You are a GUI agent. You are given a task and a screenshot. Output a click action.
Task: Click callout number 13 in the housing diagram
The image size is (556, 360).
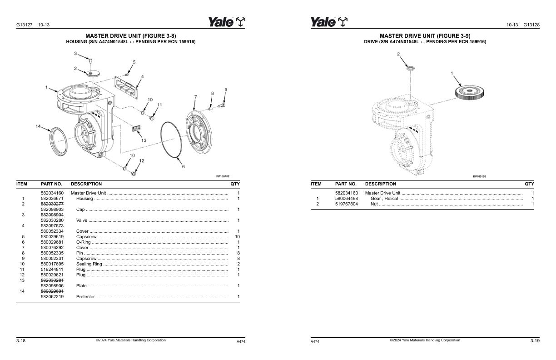point(144,140)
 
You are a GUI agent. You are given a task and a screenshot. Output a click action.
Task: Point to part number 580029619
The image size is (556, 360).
point(52,237)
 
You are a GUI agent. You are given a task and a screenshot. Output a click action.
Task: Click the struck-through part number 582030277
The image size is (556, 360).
point(52,204)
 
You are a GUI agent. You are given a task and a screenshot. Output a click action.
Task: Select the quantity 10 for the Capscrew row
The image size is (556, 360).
point(237,237)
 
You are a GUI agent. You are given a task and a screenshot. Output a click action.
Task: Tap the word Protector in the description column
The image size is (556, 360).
point(85,297)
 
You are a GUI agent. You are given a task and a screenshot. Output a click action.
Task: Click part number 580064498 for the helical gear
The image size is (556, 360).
point(347,199)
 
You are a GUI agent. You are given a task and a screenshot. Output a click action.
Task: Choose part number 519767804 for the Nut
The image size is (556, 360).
point(347,204)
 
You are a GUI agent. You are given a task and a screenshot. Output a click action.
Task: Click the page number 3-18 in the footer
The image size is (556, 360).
point(21,341)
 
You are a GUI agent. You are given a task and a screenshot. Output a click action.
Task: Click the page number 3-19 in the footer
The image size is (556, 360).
point(535,341)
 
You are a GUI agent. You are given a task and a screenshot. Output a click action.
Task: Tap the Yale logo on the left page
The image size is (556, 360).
point(227,22)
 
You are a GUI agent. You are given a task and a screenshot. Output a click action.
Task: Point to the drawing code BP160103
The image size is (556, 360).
point(479,176)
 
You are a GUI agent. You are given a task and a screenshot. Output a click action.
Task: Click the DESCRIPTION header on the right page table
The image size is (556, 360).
point(380,184)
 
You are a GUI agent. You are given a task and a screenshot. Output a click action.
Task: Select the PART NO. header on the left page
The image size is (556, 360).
point(51,184)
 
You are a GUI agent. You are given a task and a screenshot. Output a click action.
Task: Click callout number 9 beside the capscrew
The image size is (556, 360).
point(226,90)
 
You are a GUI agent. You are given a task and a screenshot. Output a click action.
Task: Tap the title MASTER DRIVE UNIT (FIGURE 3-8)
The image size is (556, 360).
point(131,35)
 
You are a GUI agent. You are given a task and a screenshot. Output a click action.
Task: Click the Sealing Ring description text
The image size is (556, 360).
point(89,264)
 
